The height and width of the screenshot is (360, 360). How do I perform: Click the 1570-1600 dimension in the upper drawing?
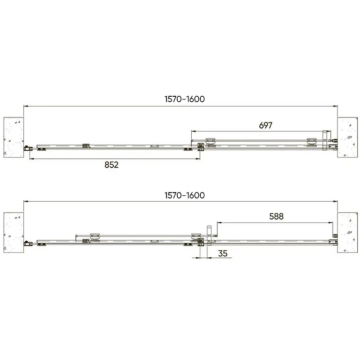[x=184, y=99]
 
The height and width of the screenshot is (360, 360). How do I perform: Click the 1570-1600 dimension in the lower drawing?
[x=184, y=195]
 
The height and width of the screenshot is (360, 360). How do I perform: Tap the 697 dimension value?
[x=265, y=126]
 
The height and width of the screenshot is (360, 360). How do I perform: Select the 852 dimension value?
[x=112, y=165]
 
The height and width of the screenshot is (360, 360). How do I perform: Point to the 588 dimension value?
[x=276, y=216]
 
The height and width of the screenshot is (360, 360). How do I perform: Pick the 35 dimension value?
[x=223, y=253]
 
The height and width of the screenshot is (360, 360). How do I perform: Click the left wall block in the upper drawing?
[x=14, y=137]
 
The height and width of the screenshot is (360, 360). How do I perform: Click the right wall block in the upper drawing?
[x=347, y=137]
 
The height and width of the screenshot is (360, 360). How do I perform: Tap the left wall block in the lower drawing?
[x=14, y=233]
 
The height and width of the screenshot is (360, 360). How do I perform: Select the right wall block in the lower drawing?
[x=347, y=233]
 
